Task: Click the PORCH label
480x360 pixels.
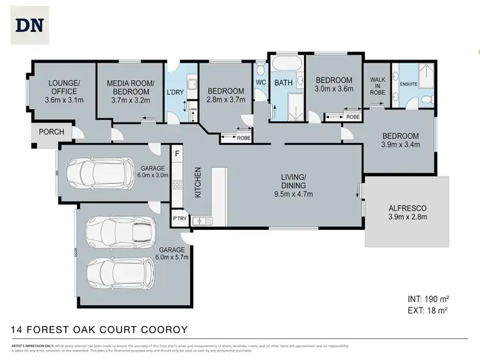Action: [x=51, y=133]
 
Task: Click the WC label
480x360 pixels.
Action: [x=260, y=83]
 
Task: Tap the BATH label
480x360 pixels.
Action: [x=283, y=83]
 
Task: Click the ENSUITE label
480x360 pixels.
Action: [x=409, y=83]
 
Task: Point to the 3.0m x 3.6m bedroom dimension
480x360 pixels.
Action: [x=334, y=90]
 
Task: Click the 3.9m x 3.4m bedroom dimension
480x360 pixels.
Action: [x=401, y=145]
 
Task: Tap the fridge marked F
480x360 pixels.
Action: [x=177, y=154]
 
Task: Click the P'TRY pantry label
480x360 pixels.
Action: [x=179, y=219]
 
